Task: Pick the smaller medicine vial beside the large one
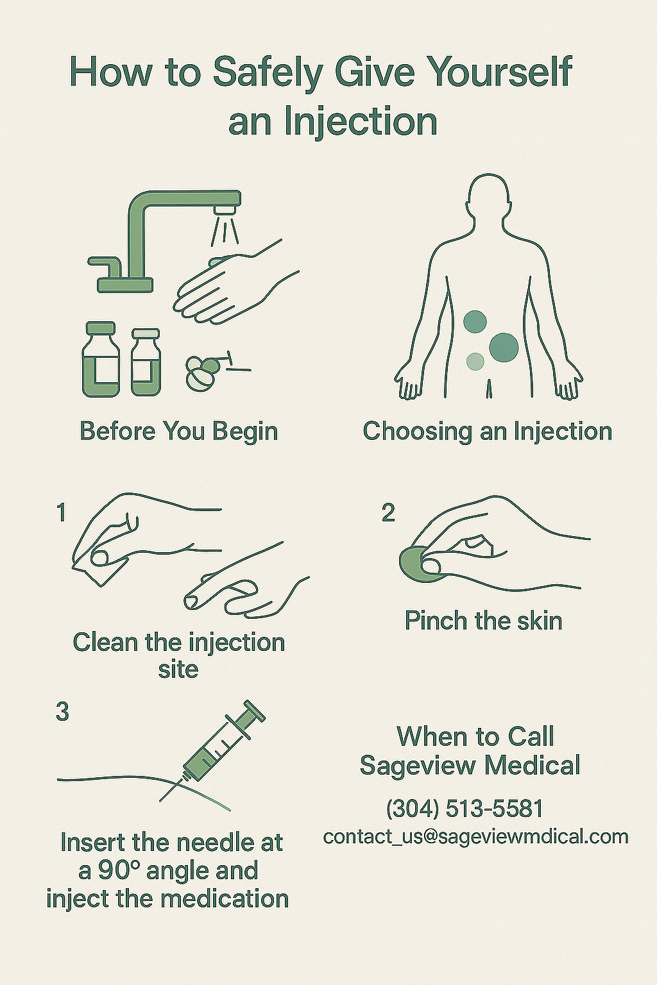click(146, 362)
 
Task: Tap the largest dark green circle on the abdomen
click(504, 347)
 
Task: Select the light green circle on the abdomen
click(475, 362)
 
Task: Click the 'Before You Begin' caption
click(178, 431)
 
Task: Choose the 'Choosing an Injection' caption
click(487, 431)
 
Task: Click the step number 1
click(62, 513)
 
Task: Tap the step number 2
click(388, 513)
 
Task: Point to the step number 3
click(62, 712)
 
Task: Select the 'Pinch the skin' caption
click(483, 621)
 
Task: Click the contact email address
click(475, 836)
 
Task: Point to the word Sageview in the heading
click(418, 765)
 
